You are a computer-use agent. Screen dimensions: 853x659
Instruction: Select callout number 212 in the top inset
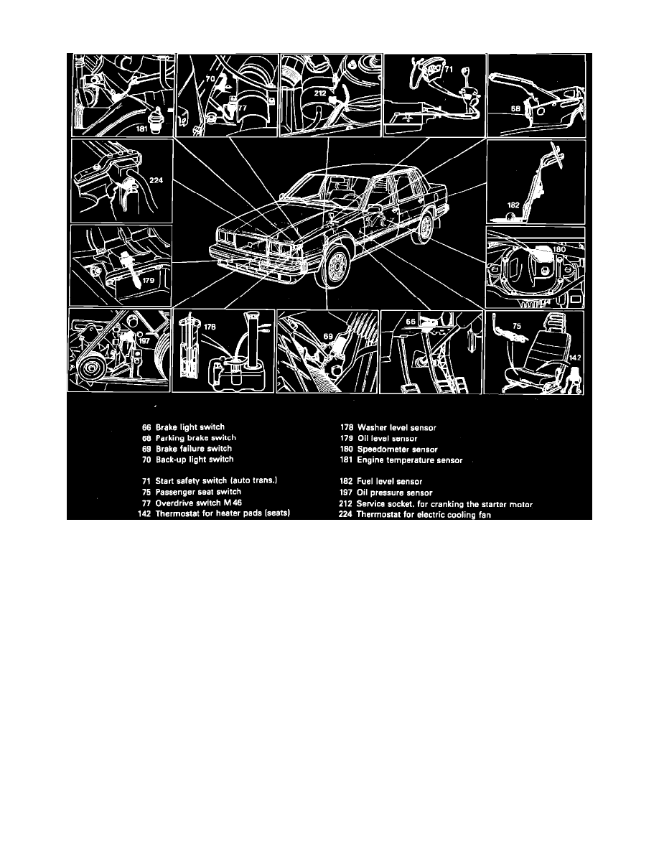pos(320,93)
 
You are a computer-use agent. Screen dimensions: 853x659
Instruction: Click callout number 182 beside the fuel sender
pos(513,205)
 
